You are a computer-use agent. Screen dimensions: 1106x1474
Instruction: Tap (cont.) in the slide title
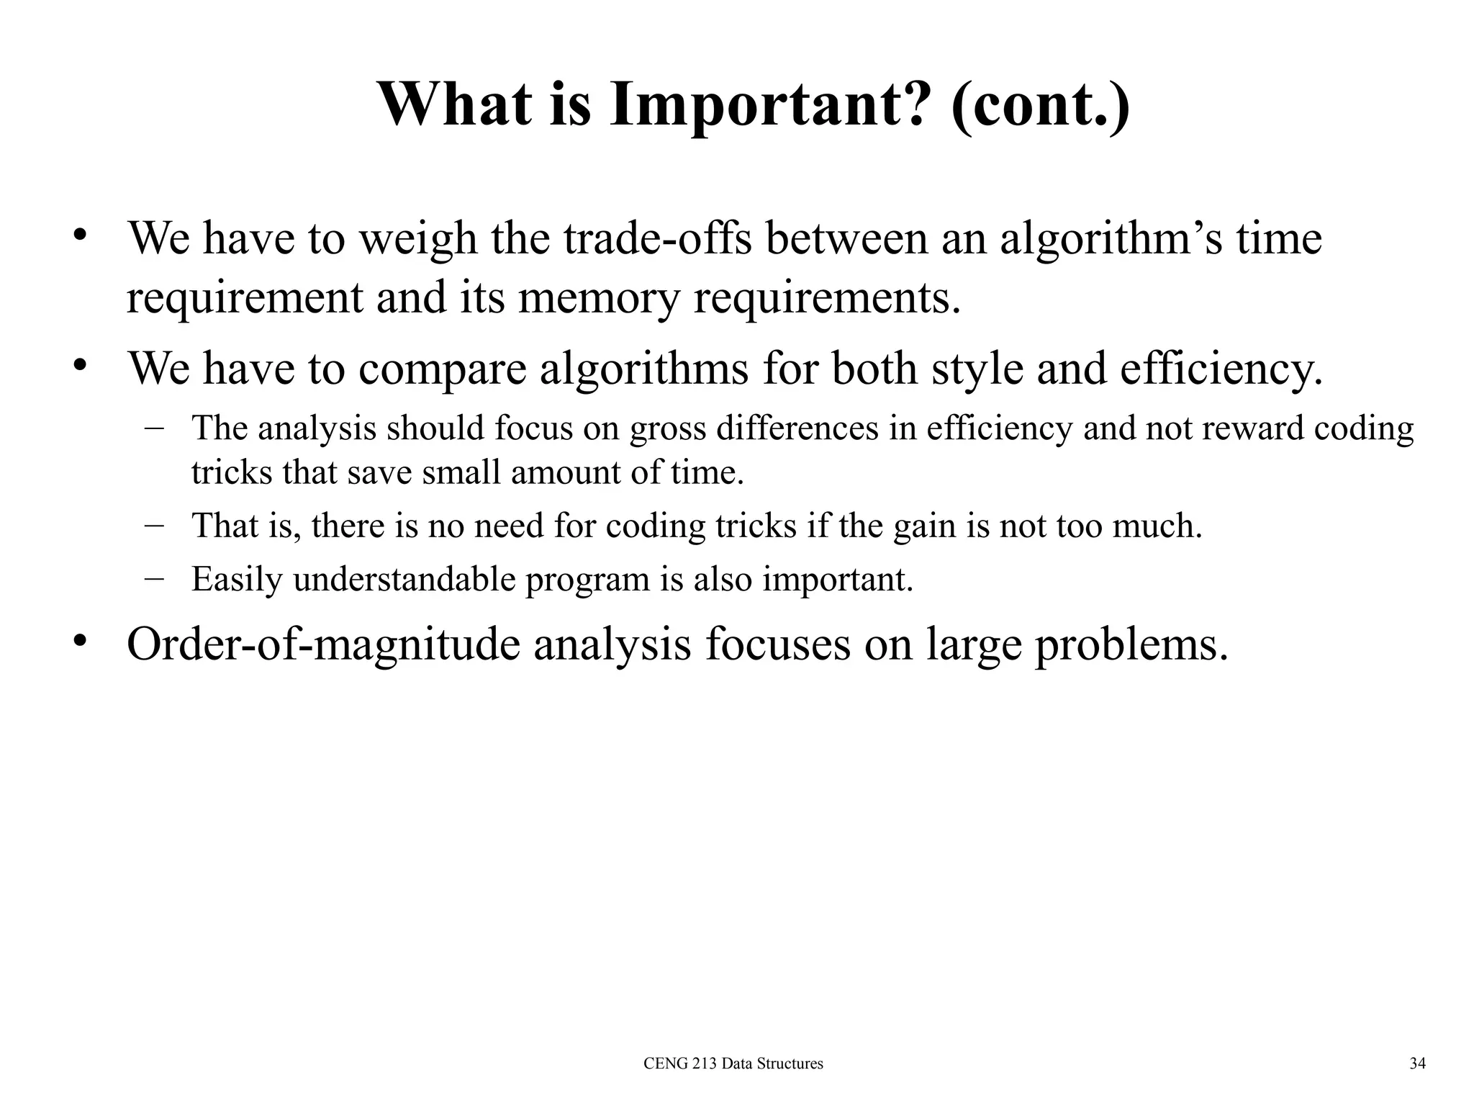[1040, 106]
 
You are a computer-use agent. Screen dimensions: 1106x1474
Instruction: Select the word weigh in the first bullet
[417, 239]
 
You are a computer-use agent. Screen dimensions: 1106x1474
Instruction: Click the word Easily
[237, 580]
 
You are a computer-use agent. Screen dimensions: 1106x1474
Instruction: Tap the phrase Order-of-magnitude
[323, 644]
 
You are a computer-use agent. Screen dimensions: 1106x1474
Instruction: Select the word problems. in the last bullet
[1131, 645]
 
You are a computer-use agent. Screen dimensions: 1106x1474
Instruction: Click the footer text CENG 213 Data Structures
[733, 1064]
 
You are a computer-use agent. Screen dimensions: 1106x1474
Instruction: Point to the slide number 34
[1417, 1064]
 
